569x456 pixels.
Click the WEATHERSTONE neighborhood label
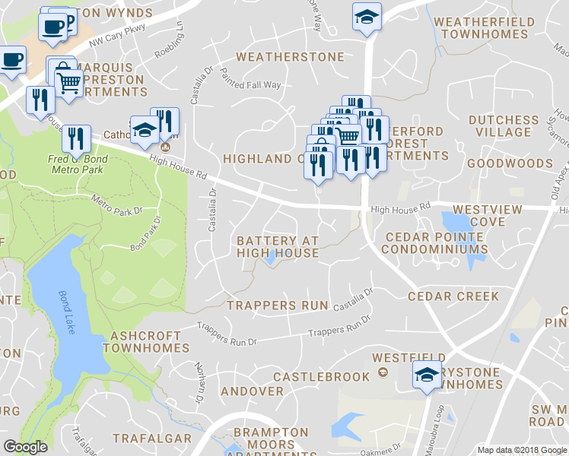click(x=290, y=57)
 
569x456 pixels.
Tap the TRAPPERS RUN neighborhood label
click(x=278, y=306)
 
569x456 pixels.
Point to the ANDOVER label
click(x=252, y=391)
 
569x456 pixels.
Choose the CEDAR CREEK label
click(x=453, y=296)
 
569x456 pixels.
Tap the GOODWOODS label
click(x=510, y=163)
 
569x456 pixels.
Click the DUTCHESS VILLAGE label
click(x=504, y=126)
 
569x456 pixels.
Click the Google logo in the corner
click(x=25, y=447)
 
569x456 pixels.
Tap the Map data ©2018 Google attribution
click(x=521, y=450)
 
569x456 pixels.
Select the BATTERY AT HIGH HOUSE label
click(x=277, y=246)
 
